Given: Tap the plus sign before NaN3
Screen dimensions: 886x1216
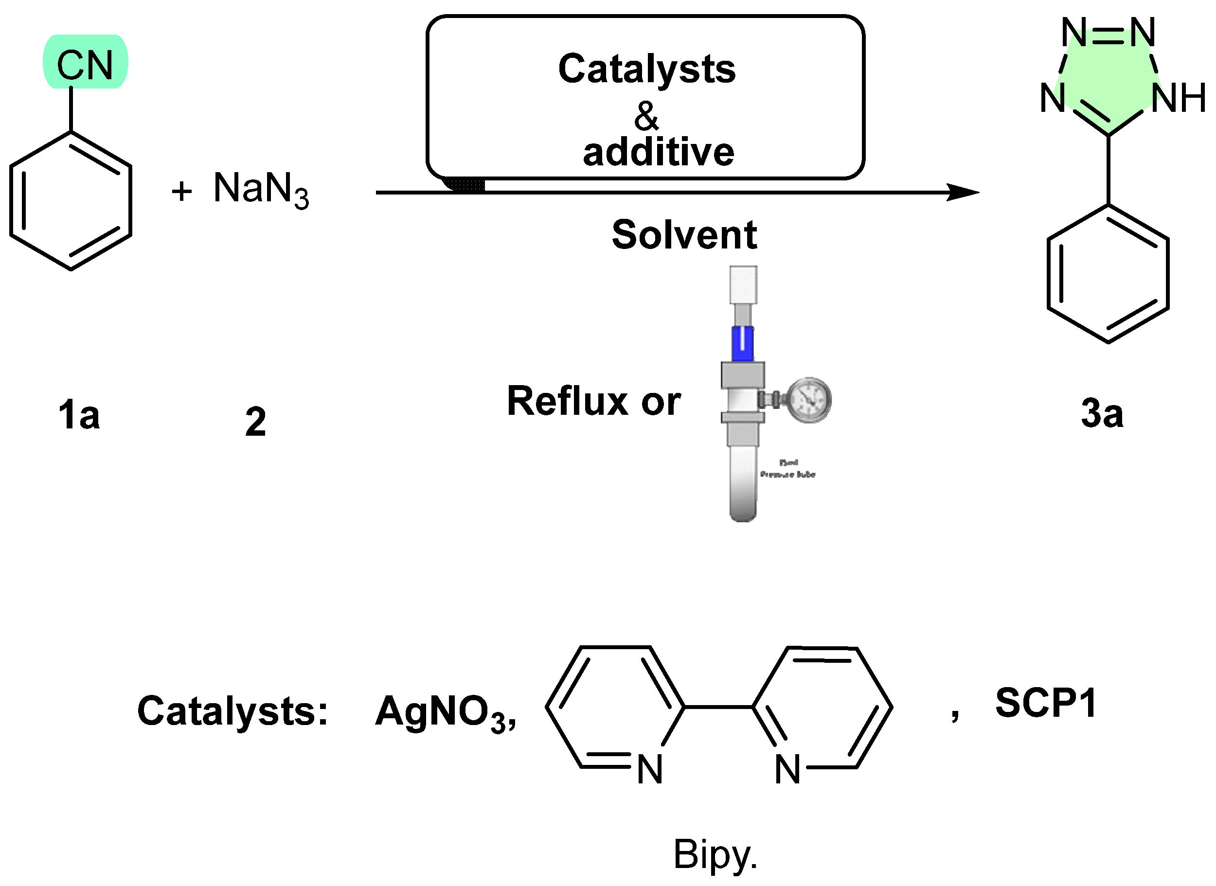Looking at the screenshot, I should (182, 192).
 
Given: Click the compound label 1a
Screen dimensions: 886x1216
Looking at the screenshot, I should (79, 416).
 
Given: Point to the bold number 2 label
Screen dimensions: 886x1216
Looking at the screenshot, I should (255, 422).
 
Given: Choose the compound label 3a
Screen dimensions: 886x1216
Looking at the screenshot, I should (1102, 414).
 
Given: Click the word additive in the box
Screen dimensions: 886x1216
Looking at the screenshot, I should (658, 152).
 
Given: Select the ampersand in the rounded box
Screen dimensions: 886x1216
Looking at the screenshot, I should (646, 116).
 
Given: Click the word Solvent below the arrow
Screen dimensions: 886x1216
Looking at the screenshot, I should (684, 235).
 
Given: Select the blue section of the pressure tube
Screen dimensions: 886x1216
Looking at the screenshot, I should (742, 344).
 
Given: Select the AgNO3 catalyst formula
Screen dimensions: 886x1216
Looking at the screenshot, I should (445, 713).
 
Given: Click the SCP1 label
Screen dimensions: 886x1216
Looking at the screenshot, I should (1045, 703).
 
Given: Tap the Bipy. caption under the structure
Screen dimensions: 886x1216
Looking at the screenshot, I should (715, 854).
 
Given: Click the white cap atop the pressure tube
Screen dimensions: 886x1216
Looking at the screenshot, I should (743, 285).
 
